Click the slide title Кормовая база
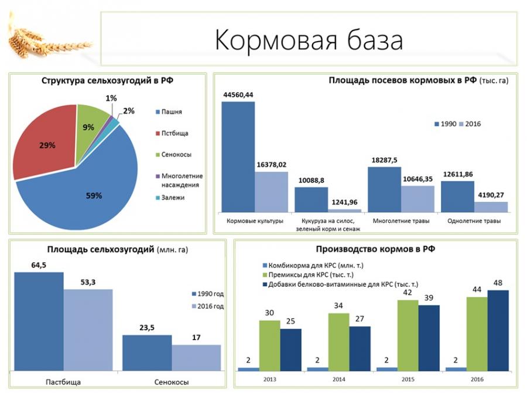(309, 40)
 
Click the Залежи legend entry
(173, 198)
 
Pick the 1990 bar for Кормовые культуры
(238, 156)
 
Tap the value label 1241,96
(344, 202)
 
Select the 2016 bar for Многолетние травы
(418, 198)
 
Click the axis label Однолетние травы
(474, 221)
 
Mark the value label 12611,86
(457, 174)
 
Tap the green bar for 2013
(269, 345)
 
